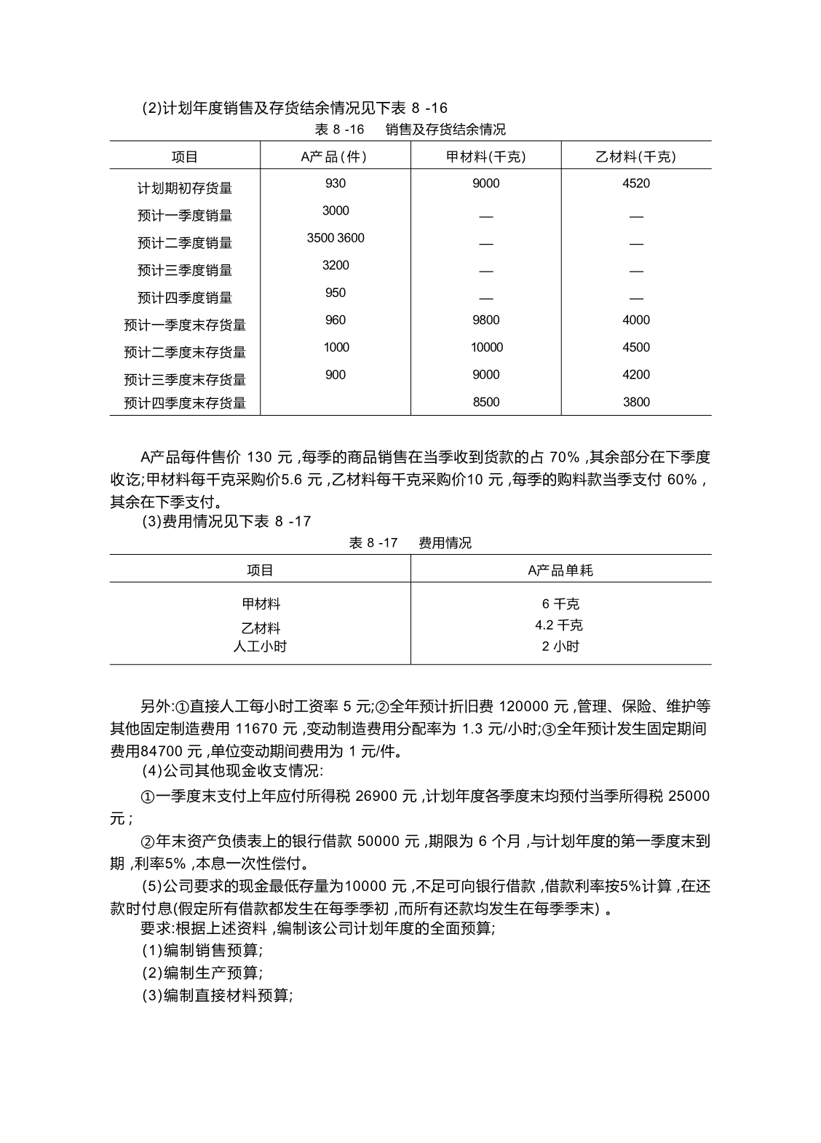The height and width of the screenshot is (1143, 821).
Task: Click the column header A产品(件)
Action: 336,157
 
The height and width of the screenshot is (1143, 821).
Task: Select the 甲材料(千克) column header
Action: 485,157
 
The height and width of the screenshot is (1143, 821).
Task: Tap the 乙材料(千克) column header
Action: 636,157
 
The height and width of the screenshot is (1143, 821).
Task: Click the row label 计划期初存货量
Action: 185,188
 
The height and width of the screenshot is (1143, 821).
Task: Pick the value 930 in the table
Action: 336,183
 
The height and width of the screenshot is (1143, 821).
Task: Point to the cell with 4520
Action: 636,183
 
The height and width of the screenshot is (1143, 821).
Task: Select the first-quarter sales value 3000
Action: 336,211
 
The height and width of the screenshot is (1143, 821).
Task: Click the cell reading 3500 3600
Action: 336,238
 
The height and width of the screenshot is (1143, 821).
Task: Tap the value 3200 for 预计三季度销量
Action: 336,266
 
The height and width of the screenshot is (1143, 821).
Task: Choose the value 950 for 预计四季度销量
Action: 336,293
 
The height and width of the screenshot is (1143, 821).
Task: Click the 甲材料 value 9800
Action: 485,320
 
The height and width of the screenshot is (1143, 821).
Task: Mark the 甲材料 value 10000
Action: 486,347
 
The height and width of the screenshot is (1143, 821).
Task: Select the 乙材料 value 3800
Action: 636,402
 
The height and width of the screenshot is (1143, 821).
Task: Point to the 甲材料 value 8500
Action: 485,402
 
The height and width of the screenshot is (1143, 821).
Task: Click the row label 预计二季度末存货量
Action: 185,352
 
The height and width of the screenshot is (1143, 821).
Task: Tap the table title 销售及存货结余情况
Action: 445,130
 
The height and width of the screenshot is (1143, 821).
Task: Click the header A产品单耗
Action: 560,571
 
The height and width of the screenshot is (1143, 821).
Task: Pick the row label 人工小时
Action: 260,646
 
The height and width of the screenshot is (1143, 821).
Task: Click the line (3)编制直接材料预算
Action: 217,995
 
